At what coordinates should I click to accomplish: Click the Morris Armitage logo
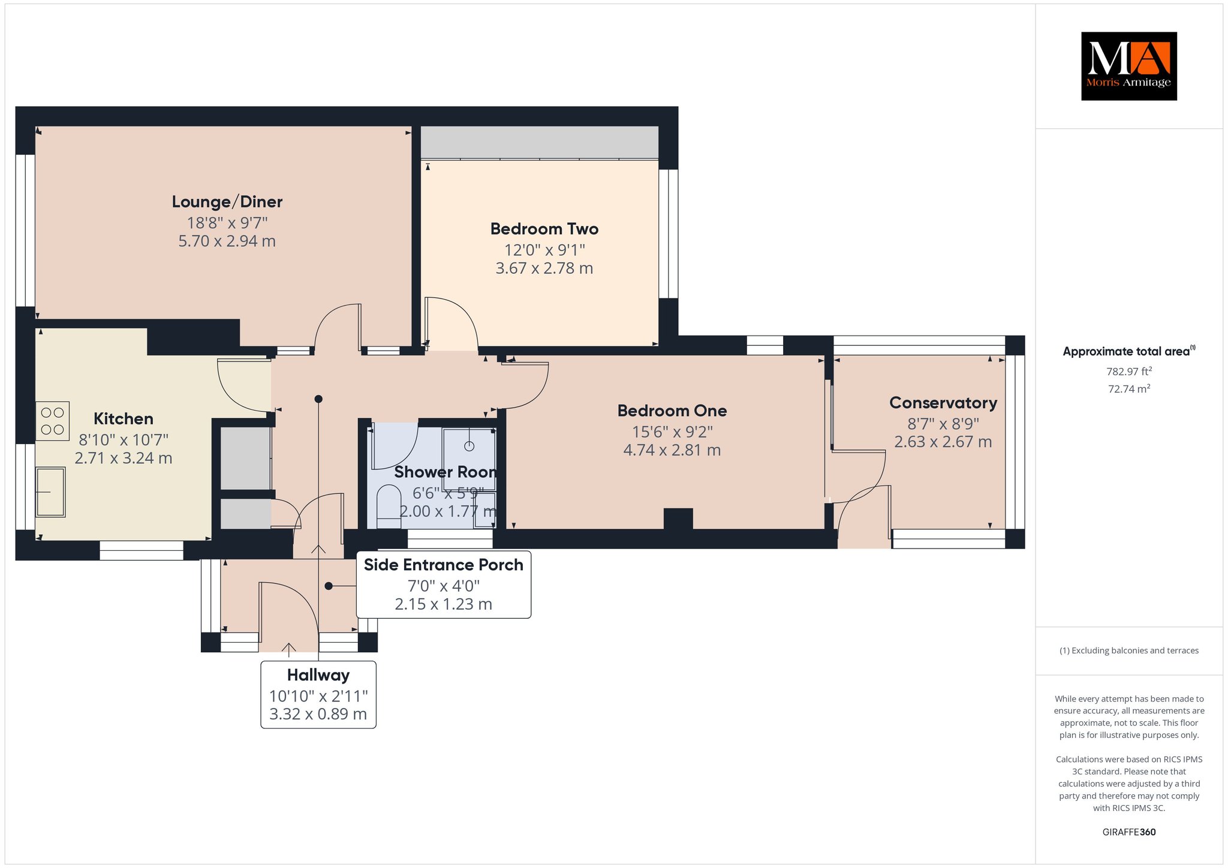[x=1128, y=66]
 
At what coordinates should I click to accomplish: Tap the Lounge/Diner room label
[x=227, y=202]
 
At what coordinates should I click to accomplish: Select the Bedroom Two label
[x=544, y=229]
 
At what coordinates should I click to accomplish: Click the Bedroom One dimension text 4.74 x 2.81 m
[x=672, y=450]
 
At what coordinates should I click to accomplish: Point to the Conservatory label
[x=943, y=403]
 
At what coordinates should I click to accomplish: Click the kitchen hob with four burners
[x=52, y=421]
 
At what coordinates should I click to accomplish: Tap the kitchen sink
[x=50, y=492]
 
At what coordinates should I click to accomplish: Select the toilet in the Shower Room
[x=389, y=507]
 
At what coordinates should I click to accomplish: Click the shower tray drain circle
[x=469, y=446]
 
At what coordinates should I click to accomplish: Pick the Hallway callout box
[x=318, y=695]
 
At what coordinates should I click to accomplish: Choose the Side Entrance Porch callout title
[x=444, y=565]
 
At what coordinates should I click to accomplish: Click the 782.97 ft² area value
[x=1129, y=371]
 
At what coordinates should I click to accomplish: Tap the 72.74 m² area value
[x=1129, y=388]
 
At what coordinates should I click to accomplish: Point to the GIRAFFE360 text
[x=1129, y=832]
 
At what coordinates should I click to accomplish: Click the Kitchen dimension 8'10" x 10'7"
[x=124, y=440]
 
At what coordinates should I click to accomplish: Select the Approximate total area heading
[x=1129, y=351]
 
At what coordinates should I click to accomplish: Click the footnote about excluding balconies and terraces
[x=1129, y=650]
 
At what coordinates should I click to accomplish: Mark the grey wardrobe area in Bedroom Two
[x=540, y=142]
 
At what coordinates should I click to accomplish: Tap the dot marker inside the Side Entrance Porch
[x=329, y=586]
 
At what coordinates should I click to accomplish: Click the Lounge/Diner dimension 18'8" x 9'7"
[x=227, y=223]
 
